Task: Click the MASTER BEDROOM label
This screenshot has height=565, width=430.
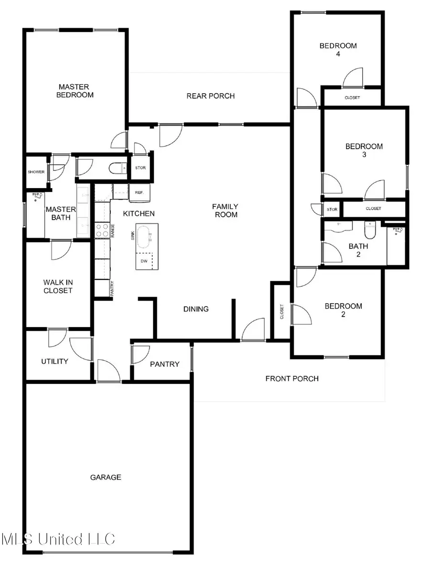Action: [x=75, y=91]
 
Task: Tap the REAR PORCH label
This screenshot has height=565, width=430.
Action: [x=211, y=96]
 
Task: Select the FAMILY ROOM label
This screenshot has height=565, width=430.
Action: [x=226, y=211]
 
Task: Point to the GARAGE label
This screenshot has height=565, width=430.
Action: [x=106, y=477]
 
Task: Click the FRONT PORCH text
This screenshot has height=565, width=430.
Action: [x=292, y=378]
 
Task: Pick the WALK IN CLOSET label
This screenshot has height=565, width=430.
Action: [x=58, y=287]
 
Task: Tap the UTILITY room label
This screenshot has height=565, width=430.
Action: [x=54, y=362]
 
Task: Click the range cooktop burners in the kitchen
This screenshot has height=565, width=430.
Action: [x=102, y=230]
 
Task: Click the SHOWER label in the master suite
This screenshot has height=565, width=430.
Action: [x=36, y=172]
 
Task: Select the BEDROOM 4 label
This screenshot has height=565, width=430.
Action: [x=338, y=50]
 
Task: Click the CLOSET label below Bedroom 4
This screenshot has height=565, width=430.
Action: [x=352, y=97]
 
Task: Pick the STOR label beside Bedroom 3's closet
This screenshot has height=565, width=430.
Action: [x=332, y=209]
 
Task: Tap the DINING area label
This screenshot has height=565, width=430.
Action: [x=196, y=309]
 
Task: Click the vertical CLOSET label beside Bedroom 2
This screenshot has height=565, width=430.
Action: [x=282, y=312]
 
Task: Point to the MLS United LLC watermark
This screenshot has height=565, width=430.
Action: [x=58, y=539]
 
